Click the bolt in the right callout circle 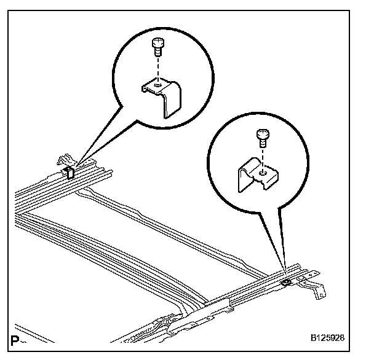pyautogui.click(x=260, y=136)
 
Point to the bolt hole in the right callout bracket pyautogui.click(x=263, y=174)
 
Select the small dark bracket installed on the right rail pyautogui.click(x=287, y=281)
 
